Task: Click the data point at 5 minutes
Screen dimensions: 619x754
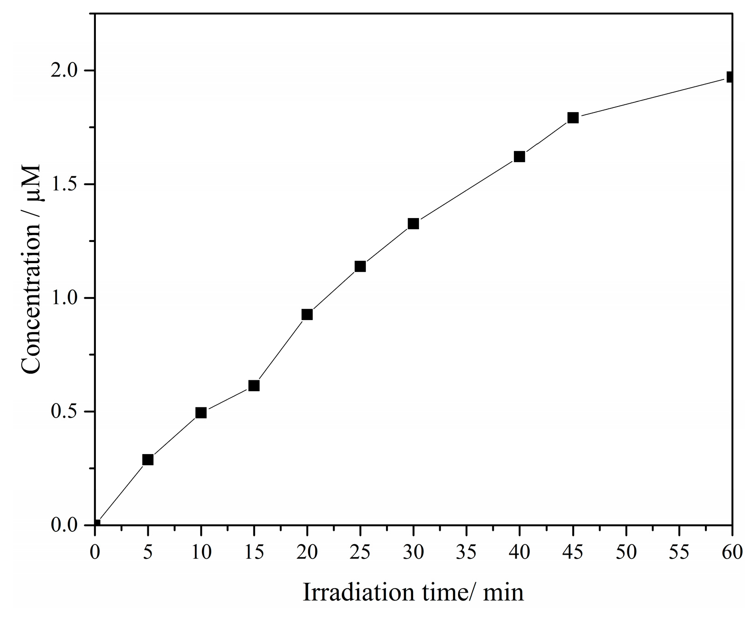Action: (x=148, y=460)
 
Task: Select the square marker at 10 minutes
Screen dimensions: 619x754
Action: (x=201, y=412)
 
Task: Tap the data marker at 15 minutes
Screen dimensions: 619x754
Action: (x=254, y=385)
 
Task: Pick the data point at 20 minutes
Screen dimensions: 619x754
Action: (x=307, y=315)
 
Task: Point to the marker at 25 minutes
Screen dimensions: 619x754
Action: (x=360, y=266)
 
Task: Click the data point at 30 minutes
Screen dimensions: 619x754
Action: (x=413, y=224)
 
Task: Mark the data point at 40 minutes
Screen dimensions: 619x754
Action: (x=519, y=157)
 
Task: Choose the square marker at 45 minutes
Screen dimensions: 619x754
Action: (x=573, y=118)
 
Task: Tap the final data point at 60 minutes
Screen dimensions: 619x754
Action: (x=731, y=77)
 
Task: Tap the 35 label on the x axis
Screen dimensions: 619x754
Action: (x=466, y=551)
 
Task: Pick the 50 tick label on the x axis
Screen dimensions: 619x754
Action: (x=626, y=551)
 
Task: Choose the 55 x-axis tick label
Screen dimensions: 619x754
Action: (x=679, y=551)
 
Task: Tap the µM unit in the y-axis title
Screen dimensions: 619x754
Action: (x=32, y=183)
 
